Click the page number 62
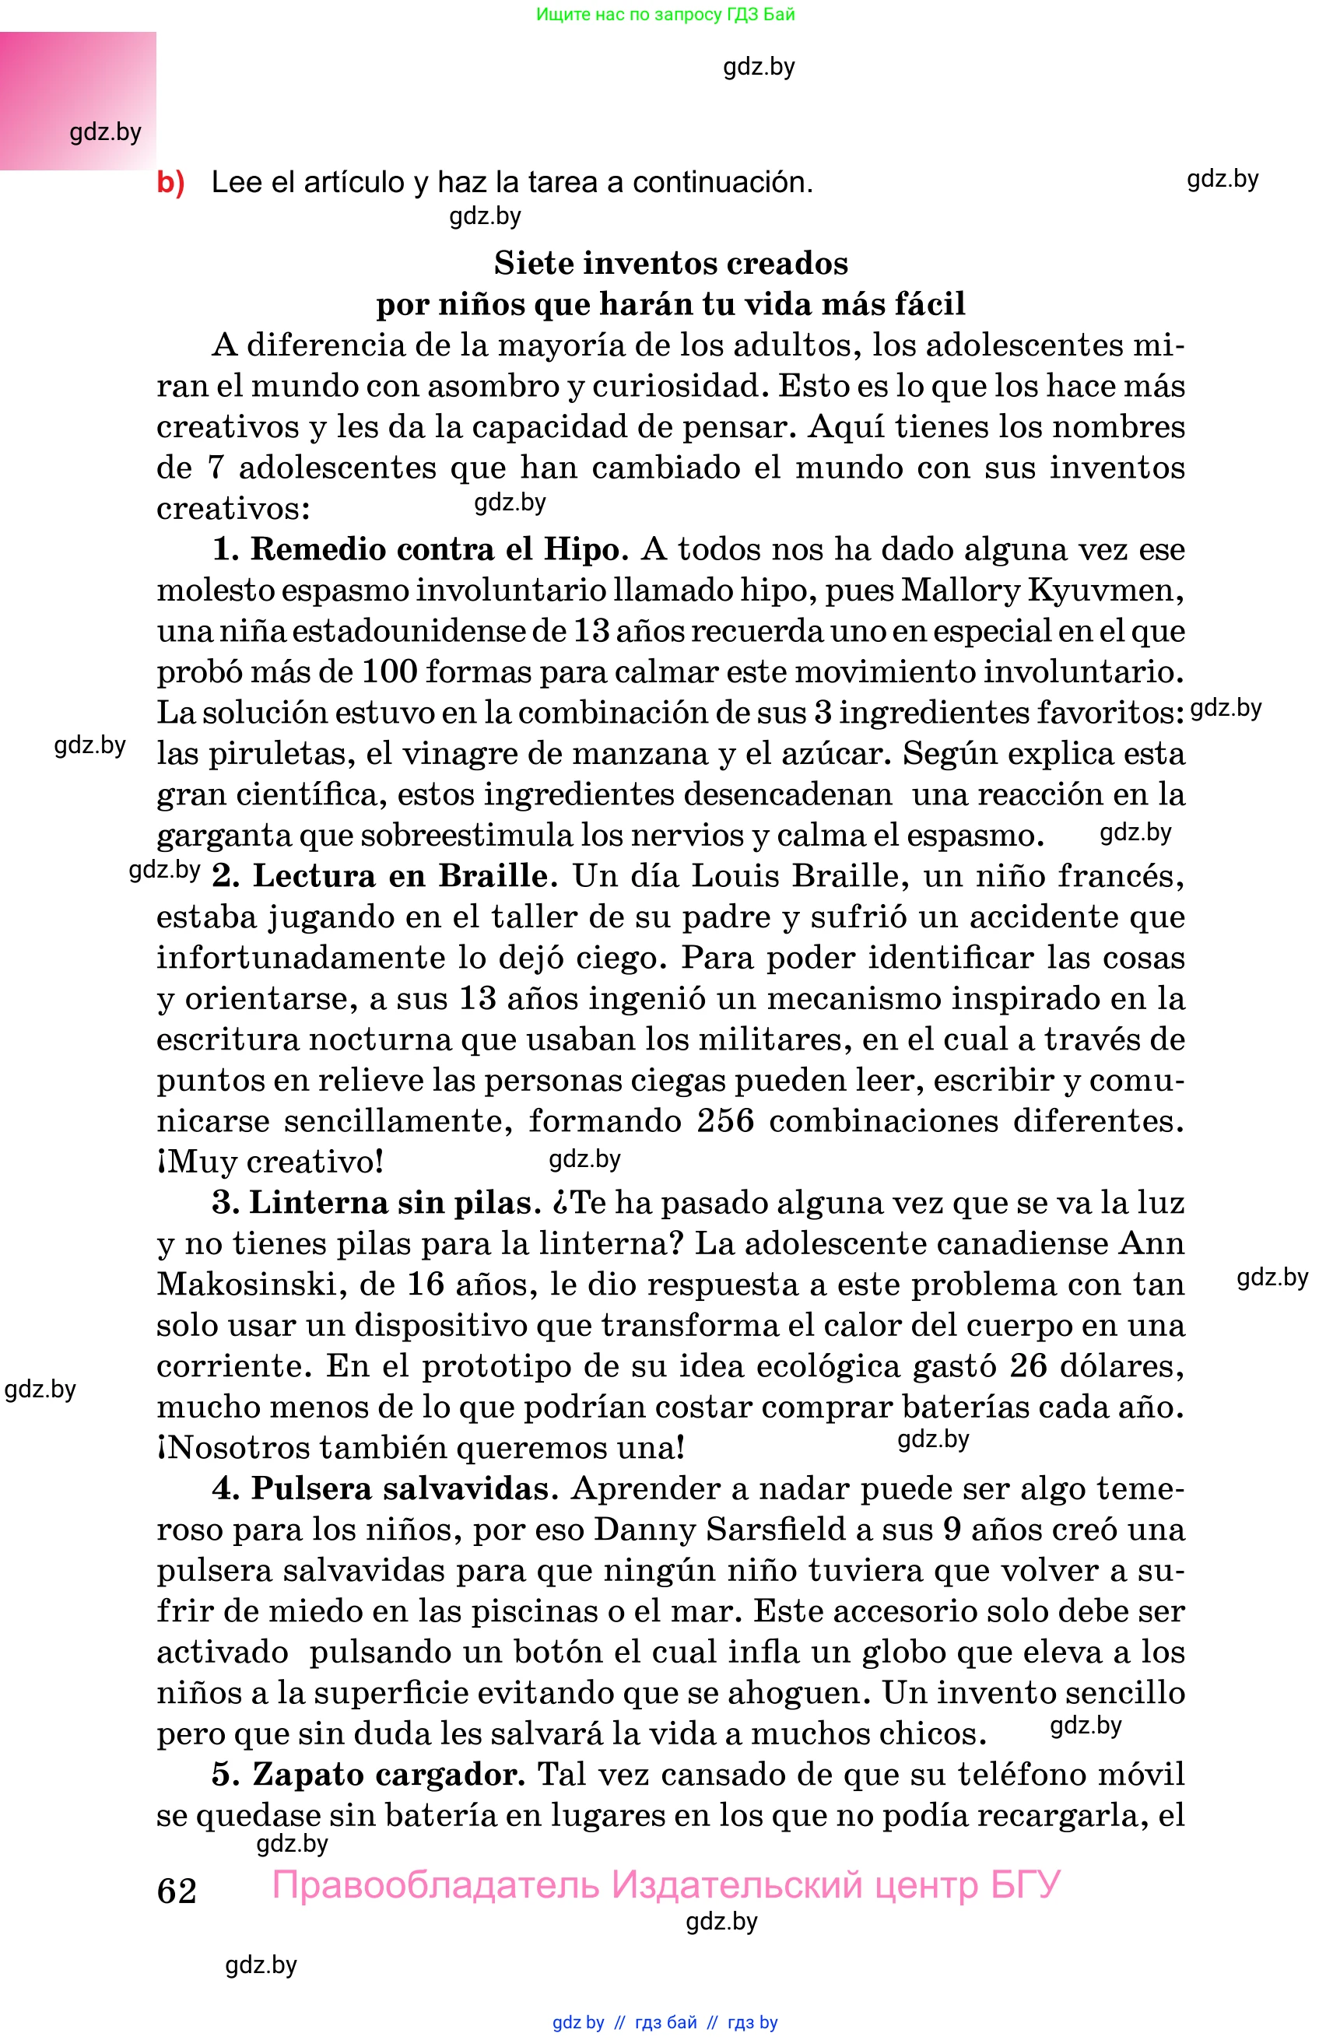point(177,1890)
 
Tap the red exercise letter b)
point(170,183)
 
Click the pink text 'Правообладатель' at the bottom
point(436,1885)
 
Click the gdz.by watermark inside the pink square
point(105,132)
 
